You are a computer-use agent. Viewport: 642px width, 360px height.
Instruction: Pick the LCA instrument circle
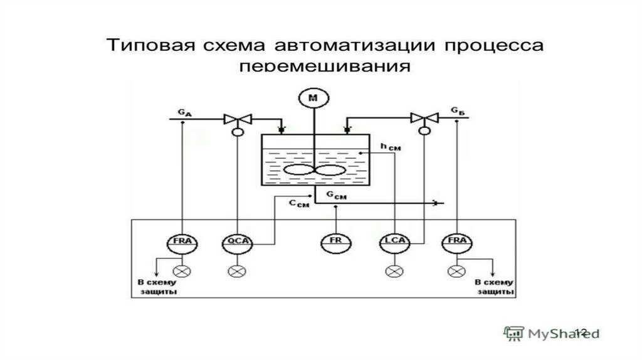(393, 241)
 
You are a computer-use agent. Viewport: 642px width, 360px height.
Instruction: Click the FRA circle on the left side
(181, 241)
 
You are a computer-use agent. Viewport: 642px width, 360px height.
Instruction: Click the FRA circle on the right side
(455, 241)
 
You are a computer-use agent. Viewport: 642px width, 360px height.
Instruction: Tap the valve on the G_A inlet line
(238, 119)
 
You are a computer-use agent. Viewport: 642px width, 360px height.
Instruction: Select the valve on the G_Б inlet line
(424, 117)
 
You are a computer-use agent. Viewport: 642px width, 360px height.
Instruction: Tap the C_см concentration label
(299, 204)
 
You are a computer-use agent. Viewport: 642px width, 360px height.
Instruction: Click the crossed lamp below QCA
(237, 272)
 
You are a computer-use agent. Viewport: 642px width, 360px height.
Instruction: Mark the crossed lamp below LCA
(393, 272)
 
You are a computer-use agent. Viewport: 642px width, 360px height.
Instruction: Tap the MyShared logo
(552, 332)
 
